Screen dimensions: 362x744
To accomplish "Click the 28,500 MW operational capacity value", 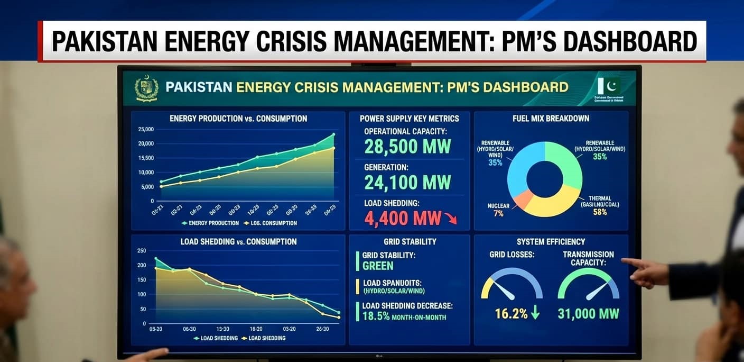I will [407, 147].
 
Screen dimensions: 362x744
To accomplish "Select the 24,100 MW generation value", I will [407, 183].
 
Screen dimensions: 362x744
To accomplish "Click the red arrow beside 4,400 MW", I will [450, 218].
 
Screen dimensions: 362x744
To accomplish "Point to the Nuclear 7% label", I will [498, 210].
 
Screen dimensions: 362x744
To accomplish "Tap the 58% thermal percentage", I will [600, 212].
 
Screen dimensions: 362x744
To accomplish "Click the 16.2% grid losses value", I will [511, 313].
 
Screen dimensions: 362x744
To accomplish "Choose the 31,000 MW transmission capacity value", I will [588, 313].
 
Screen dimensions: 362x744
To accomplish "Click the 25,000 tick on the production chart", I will [145, 129].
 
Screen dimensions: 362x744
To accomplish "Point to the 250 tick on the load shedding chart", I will [141, 251].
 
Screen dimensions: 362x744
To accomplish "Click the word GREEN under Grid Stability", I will [378, 266].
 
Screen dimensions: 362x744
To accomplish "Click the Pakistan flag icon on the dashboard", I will [609, 86].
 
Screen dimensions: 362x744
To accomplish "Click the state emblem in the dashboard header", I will [146, 88].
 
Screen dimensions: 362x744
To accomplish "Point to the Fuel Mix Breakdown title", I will [551, 119].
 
